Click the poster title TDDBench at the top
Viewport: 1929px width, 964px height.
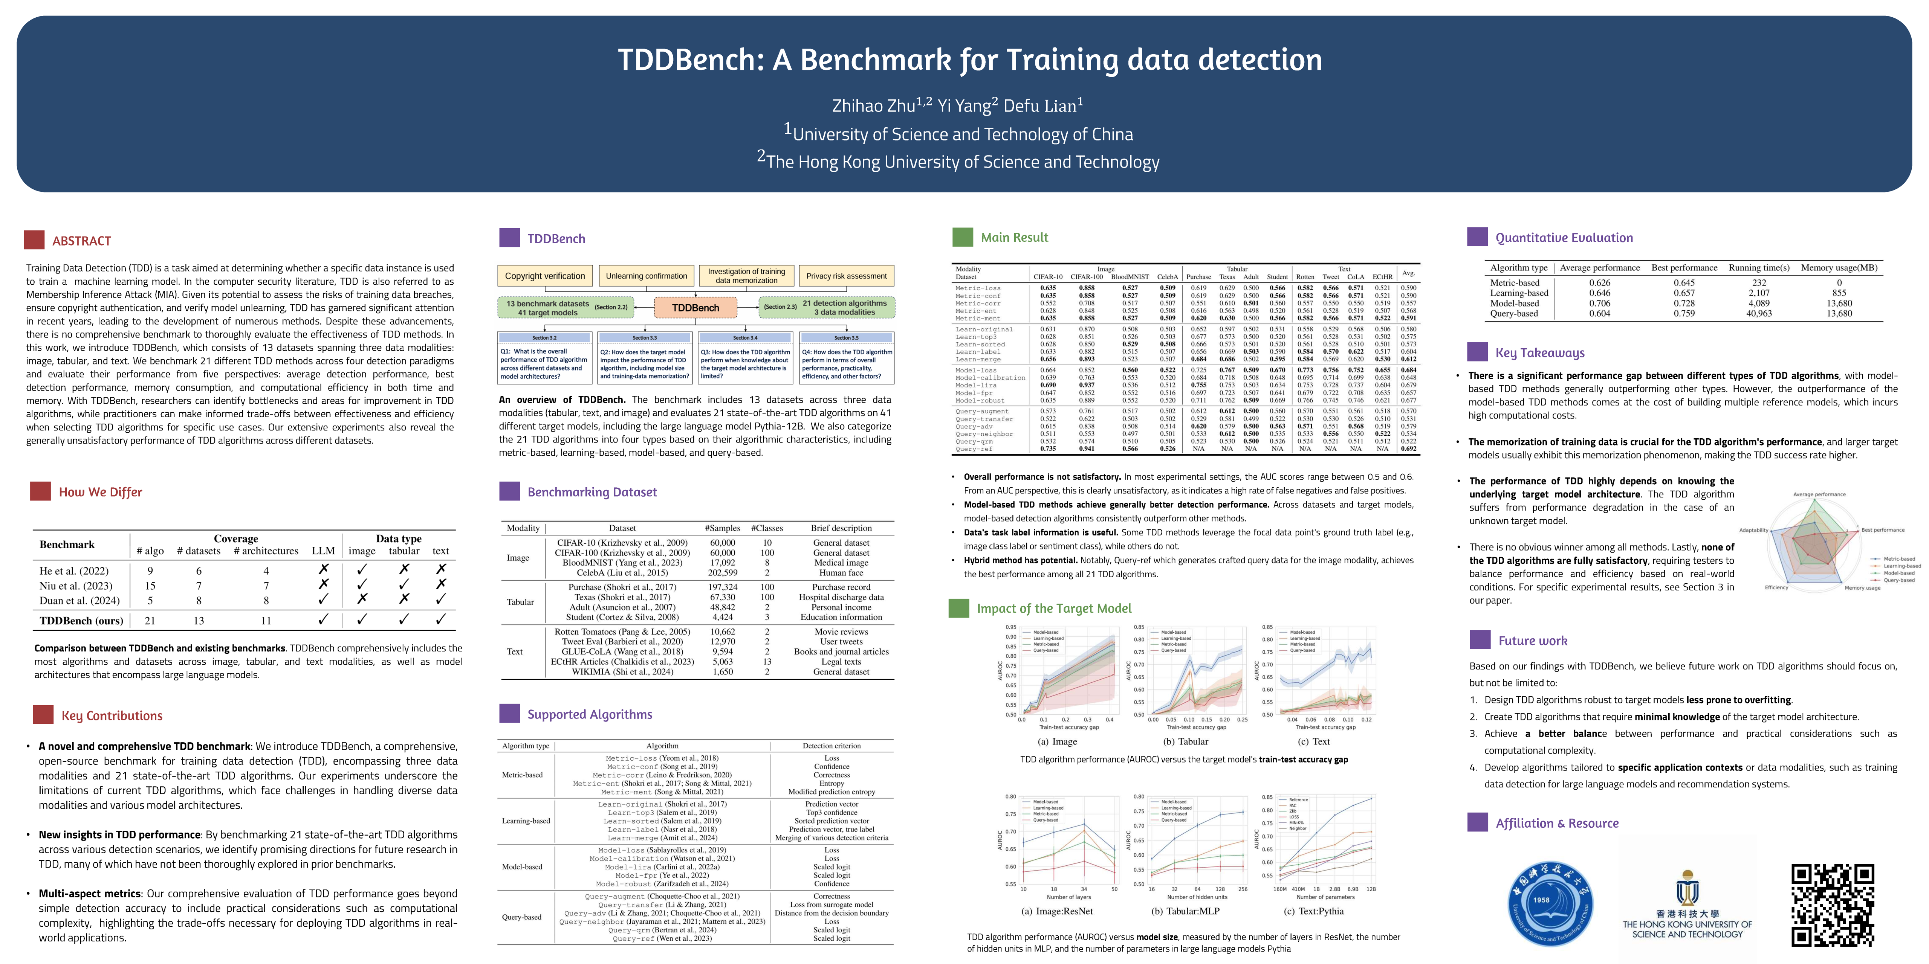(x=970, y=60)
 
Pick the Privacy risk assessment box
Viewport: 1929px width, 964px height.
(x=846, y=276)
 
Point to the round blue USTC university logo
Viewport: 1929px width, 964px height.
(x=1550, y=904)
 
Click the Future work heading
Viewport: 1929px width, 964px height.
(x=1532, y=641)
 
